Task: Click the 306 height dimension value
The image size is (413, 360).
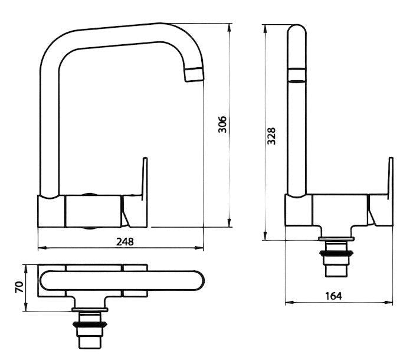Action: click(x=222, y=125)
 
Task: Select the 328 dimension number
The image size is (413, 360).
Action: click(x=271, y=136)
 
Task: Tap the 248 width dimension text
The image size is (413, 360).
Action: click(x=125, y=241)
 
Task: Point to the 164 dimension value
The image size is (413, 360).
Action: click(x=333, y=296)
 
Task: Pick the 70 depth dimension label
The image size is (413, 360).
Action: click(x=19, y=287)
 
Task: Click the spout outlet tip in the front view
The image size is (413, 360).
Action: click(x=195, y=74)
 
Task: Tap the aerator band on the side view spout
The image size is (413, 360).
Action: click(x=297, y=76)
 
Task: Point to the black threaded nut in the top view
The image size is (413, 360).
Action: click(x=90, y=325)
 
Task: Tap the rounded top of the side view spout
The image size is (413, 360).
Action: click(x=297, y=29)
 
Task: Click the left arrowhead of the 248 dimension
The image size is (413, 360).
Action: click(x=42, y=248)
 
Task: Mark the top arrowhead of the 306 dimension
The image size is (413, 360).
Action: click(x=229, y=28)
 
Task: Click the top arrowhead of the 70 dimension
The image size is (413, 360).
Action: click(x=26, y=269)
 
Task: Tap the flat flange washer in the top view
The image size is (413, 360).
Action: click(x=90, y=310)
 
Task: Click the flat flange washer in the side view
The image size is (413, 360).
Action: click(x=336, y=239)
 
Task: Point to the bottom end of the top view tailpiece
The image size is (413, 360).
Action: click(x=90, y=349)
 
